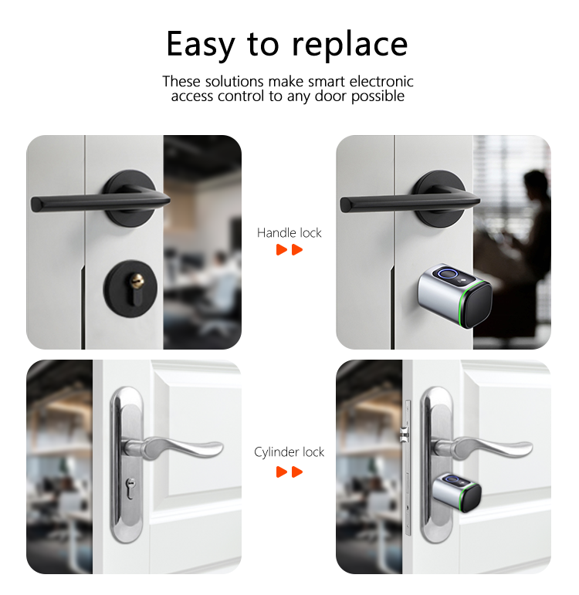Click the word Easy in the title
point(200,44)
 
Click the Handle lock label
point(289,232)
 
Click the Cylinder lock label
point(289,451)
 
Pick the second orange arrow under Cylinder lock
point(297,471)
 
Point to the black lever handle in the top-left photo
point(85,204)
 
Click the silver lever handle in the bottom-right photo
point(486,448)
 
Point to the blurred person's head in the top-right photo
point(535,184)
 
